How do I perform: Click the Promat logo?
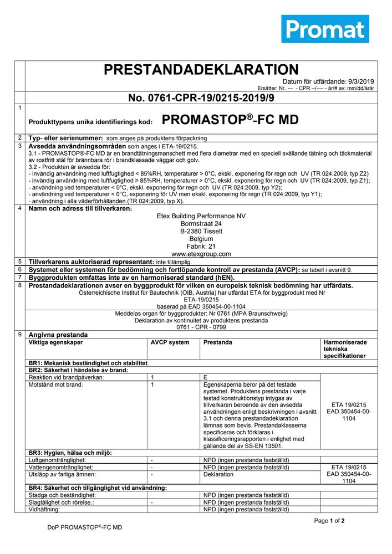pos(325,29)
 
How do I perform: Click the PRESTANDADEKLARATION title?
pos(201,69)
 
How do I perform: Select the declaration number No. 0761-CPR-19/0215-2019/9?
pos(201,98)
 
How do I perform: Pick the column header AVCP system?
pos(170,342)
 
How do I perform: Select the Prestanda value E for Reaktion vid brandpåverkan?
pos(206,377)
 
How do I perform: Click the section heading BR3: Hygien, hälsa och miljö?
pos(70,453)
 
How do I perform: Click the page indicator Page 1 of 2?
pos(329,521)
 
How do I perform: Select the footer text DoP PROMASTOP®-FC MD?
pos(84,527)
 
